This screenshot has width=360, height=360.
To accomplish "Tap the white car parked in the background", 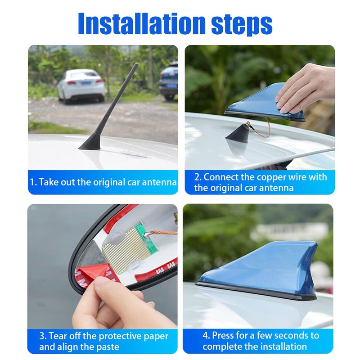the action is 81,86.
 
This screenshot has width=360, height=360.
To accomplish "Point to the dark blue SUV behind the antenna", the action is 169,81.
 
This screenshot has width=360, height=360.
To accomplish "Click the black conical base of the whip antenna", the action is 91,143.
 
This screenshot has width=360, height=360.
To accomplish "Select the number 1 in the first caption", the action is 32,182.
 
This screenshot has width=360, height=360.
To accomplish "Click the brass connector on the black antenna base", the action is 248,125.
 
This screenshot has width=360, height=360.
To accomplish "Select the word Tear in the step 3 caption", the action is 57,336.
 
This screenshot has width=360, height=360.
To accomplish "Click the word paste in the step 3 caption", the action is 108,346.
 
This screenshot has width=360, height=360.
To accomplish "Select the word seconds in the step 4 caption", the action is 283,335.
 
